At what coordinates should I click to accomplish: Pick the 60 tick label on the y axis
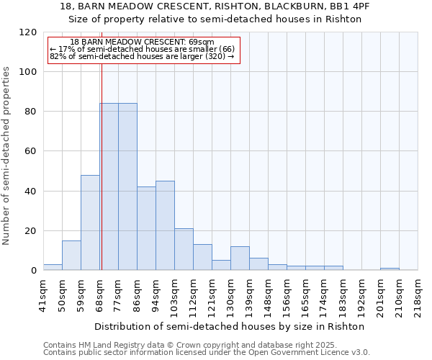[31, 151]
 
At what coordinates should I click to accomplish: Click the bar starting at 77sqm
[127, 187]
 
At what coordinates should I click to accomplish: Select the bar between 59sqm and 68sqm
[90, 223]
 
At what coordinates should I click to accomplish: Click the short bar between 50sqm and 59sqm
[71, 256]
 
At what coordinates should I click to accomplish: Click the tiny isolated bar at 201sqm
[390, 269]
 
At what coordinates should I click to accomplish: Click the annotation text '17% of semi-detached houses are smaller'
[142, 49]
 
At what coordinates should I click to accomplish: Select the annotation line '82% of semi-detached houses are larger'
[142, 56]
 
